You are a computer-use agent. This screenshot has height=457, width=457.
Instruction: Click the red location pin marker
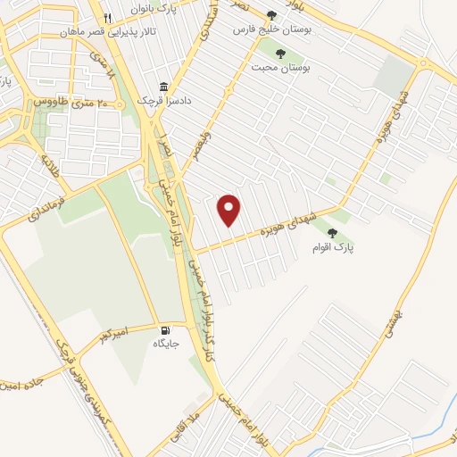(230, 209)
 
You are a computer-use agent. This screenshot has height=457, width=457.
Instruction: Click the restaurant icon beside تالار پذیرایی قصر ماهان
(107, 18)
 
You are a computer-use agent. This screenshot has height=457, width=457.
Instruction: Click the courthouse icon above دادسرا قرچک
(163, 87)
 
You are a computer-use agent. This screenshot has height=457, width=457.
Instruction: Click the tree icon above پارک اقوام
(332, 233)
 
